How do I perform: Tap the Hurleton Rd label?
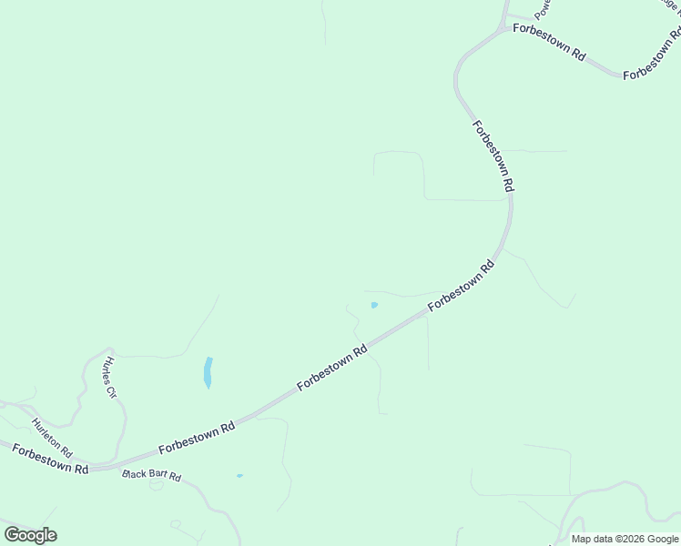click(x=51, y=438)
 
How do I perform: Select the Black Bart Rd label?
click(x=152, y=476)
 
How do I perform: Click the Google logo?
click(x=30, y=535)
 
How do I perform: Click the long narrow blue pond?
click(x=208, y=372)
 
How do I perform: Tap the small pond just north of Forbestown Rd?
click(x=374, y=305)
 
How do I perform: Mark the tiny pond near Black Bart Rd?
click(x=239, y=476)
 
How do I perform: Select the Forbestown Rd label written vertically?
click(x=494, y=155)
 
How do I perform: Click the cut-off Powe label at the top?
click(x=544, y=9)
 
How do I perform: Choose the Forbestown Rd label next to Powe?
click(x=549, y=42)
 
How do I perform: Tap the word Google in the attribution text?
click(x=664, y=539)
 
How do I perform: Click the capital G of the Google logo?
click(x=12, y=535)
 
